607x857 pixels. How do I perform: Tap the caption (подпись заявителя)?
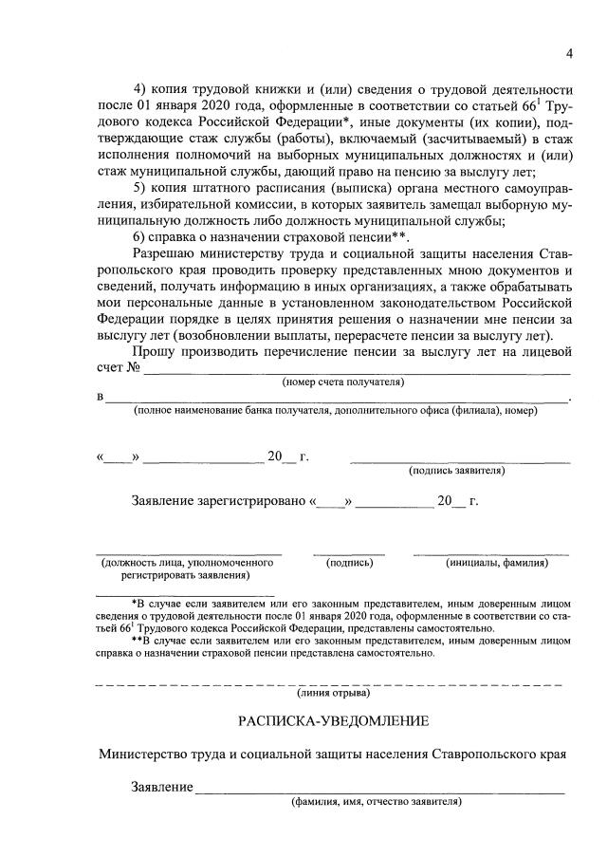click(x=456, y=470)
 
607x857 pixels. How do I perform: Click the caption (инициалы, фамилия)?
click(x=497, y=563)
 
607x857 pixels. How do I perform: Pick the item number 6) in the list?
click(x=139, y=236)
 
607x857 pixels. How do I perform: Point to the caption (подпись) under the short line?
click(x=349, y=563)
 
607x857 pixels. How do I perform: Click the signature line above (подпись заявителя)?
click(x=460, y=460)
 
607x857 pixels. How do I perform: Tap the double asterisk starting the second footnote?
click(x=136, y=642)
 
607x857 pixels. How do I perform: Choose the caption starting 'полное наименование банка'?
click(x=336, y=410)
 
